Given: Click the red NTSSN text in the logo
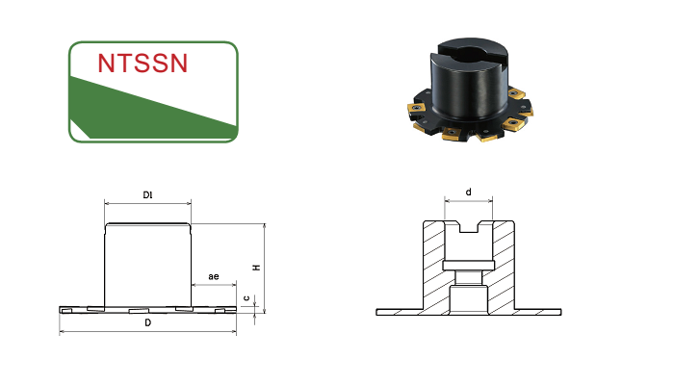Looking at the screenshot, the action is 143,64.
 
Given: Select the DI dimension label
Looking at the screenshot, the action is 147,195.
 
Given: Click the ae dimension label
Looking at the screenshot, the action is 214,276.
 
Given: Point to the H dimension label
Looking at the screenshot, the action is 257,268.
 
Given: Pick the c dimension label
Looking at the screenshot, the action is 246,297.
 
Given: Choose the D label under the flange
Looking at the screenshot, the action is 148,322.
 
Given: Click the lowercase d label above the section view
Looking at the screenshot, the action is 469,192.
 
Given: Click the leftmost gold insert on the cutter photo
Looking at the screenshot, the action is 416,108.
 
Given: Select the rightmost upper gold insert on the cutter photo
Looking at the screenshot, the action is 516,93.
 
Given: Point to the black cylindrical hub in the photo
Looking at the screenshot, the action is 470,80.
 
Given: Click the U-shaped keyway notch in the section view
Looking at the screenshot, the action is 469,227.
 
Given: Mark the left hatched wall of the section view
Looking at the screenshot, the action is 433,267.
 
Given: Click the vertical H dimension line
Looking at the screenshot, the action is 265,269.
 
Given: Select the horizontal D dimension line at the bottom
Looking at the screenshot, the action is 148,331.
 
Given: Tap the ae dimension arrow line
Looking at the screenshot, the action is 214,285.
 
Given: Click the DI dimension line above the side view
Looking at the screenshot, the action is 148,203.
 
